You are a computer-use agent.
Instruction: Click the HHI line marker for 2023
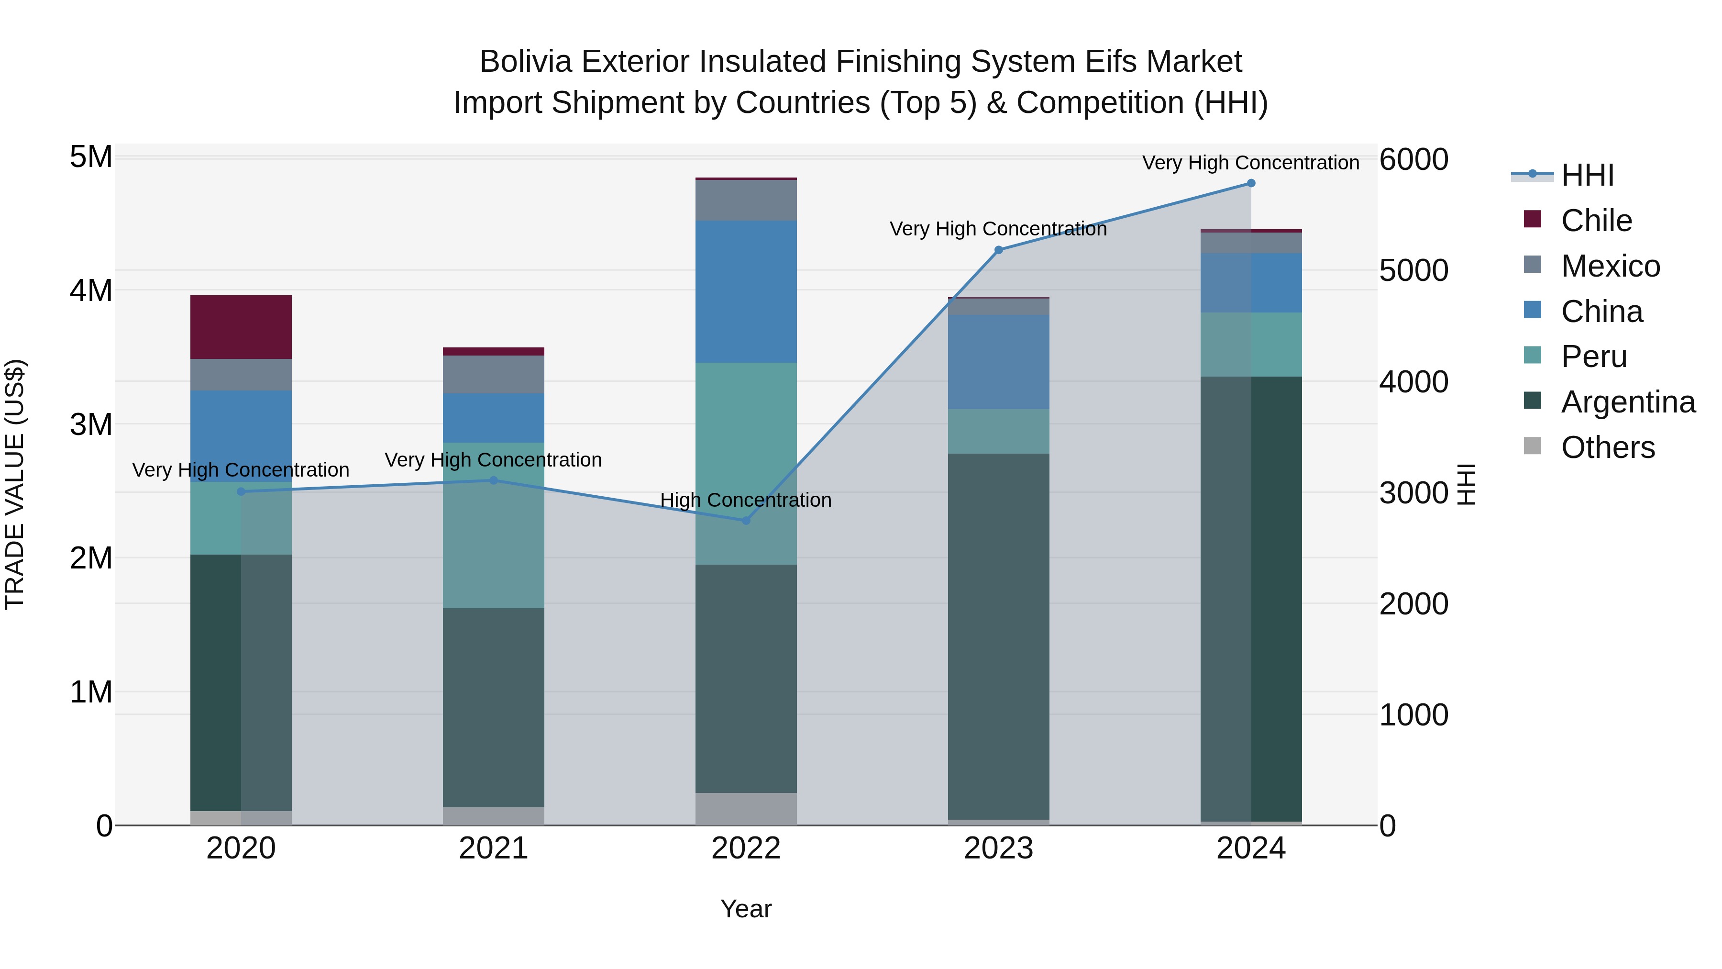click(x=999, y=250)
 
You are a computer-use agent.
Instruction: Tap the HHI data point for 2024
click(x=1251, y=183)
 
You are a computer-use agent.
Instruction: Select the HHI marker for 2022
click(x=746, y=520)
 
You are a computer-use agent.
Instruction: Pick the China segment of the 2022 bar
click(x=746, y=291)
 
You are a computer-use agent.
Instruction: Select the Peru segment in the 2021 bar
click(x=493, y=525)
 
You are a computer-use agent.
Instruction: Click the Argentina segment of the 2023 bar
click(x=999, y=636)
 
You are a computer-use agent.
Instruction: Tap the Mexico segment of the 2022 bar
click(x=746, y=200)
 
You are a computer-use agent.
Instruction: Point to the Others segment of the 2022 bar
click(x=746, y=809)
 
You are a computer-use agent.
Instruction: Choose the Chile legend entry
click(x=1596, y=221)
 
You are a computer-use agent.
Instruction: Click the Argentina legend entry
click(x=1628, y=402)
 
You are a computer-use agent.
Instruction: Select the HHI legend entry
click(x=1587, y=175)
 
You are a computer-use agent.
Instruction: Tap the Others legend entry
click(x=1607, y=447)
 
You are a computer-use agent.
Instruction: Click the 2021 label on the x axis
click(x=493, y=848)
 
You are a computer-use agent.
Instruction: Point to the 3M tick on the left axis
click(x=91, y=424)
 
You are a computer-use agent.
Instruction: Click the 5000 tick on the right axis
click(x=1413, y=271)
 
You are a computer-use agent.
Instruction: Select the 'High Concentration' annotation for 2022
click(x=746, y=500)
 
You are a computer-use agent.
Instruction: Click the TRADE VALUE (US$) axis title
click(x=15, y=484)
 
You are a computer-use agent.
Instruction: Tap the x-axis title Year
click(x=746, y=909)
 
